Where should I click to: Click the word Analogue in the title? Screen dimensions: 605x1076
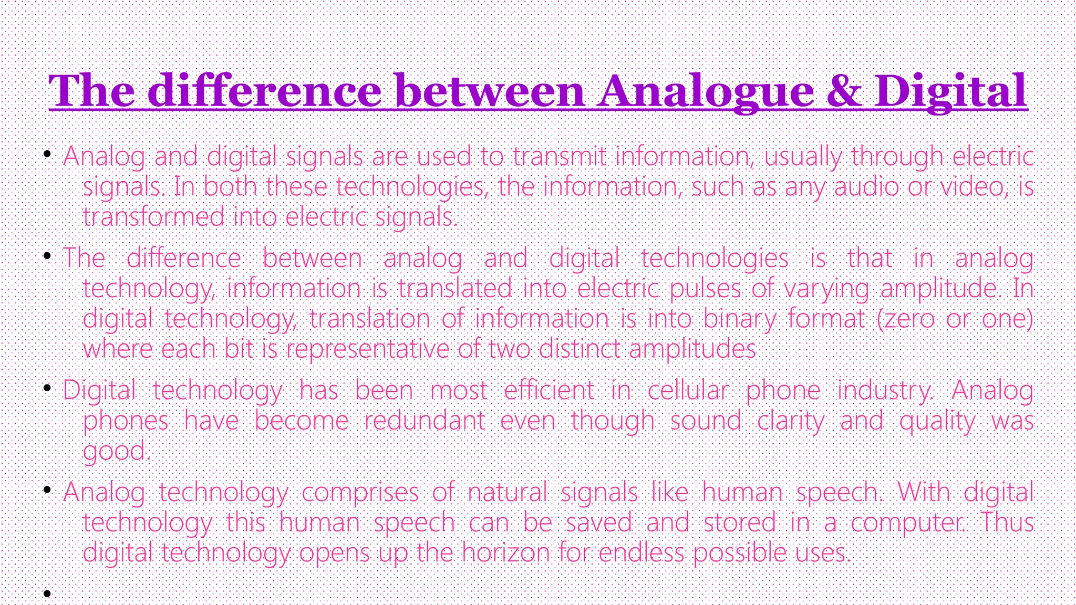pyautogui.click(x=706, y=91)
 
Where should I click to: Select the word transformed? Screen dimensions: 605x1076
pyautogui.click(x=153, y=217)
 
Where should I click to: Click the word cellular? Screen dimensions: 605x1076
pyautogui.click(x=688, y=390)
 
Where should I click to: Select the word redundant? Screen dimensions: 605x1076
pyautogui.click(x=425, y=421)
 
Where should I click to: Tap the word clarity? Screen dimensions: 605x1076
pyautogui.click(x=791, y=421)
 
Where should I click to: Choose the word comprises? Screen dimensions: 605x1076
pyautogui.click(x=360, y=492)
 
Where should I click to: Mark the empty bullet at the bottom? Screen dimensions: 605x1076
pyautogui.click(x=47, y=593)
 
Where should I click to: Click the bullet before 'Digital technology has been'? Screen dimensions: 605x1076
pyautogui.click(x=47, y=389)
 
